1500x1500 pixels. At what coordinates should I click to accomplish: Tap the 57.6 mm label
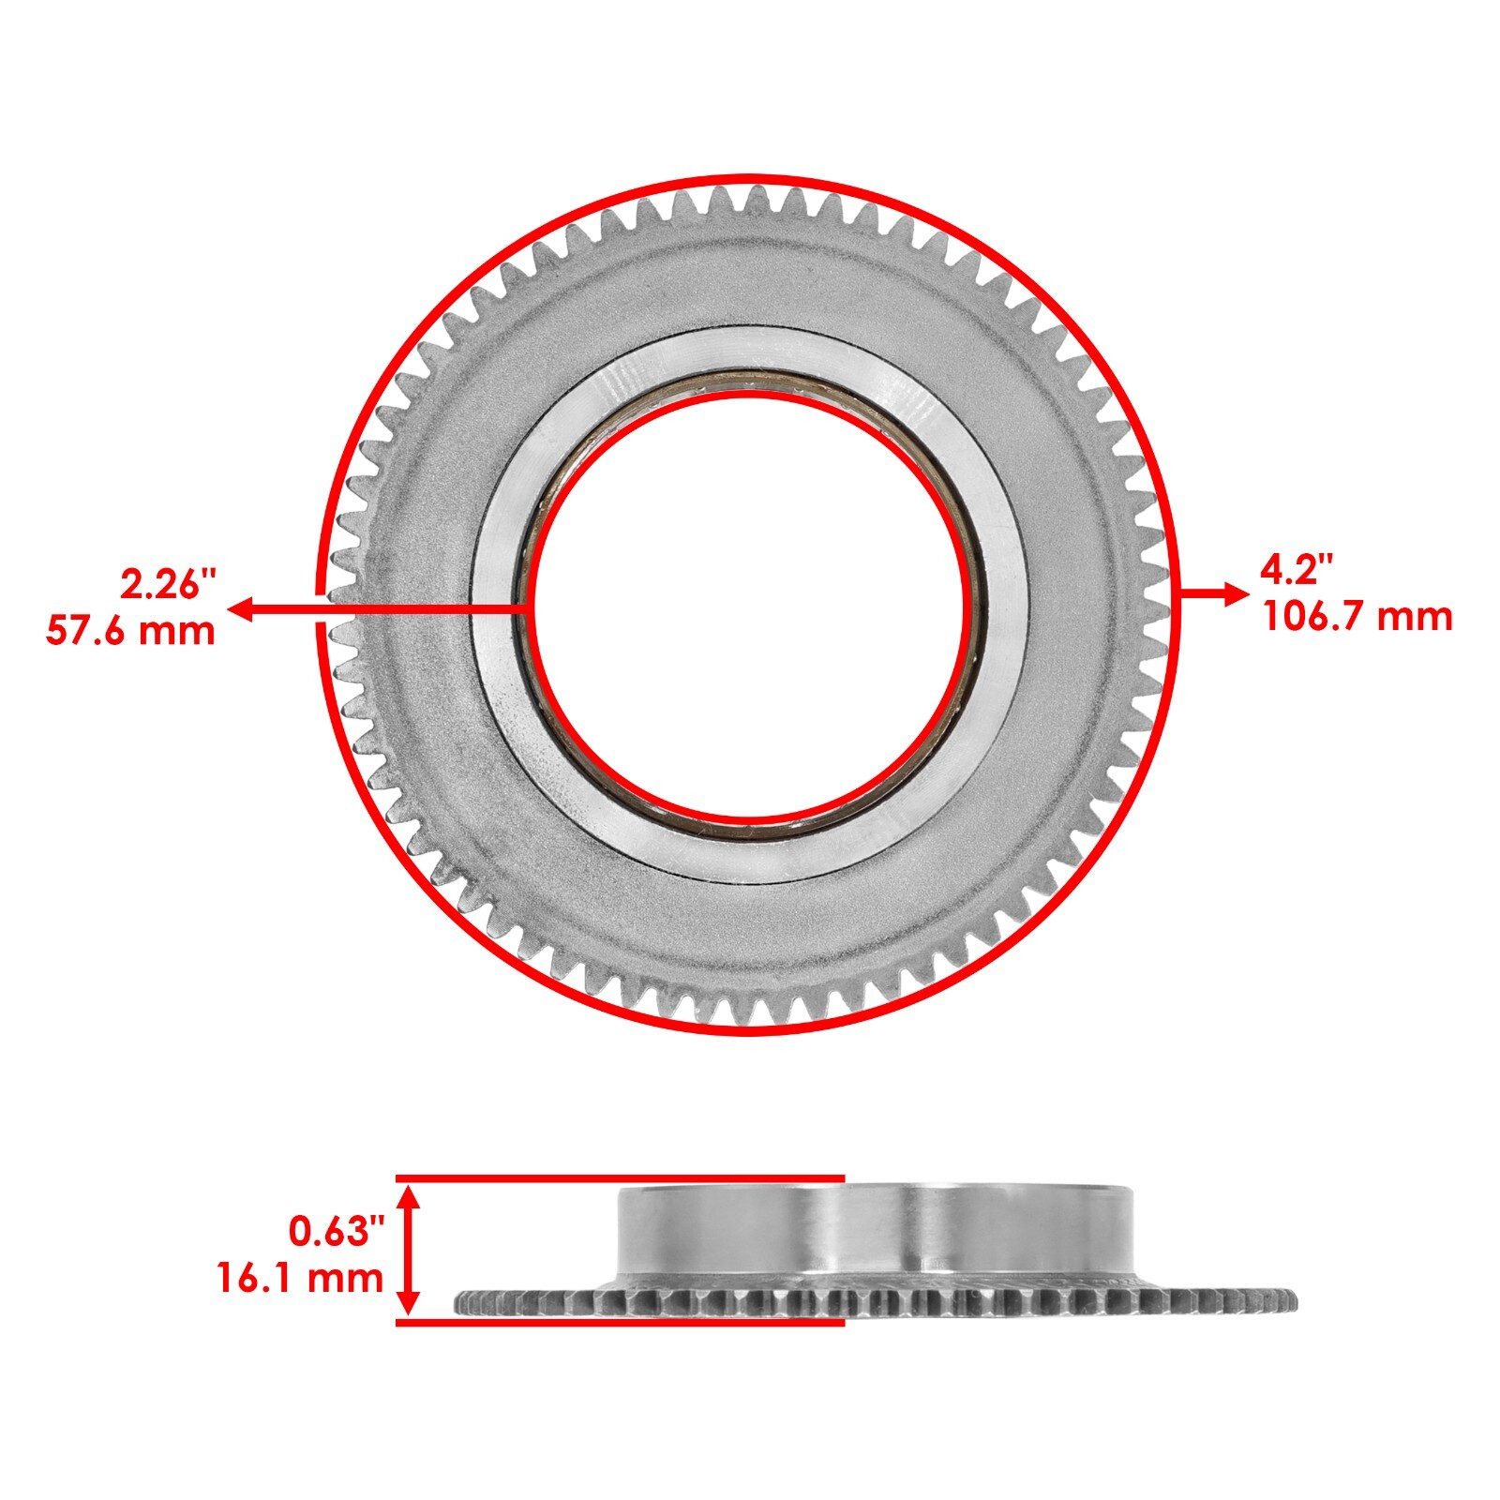coord(130,630)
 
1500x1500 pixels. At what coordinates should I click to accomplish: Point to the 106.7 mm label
coord(1357,617)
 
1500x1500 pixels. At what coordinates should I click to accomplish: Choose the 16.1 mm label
coord(300,1278)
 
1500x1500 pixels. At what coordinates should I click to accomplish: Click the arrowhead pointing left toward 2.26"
coord(240,610)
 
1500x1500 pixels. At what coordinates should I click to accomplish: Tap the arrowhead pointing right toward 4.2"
coord(1238,593)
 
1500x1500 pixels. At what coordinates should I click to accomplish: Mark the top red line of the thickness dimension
coord(619,1177)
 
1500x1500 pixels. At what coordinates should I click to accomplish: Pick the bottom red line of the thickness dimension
coord(619,1322)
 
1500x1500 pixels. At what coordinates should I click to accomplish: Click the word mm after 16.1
coord(350,1278)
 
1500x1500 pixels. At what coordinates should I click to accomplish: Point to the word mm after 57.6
coord(181,630)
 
